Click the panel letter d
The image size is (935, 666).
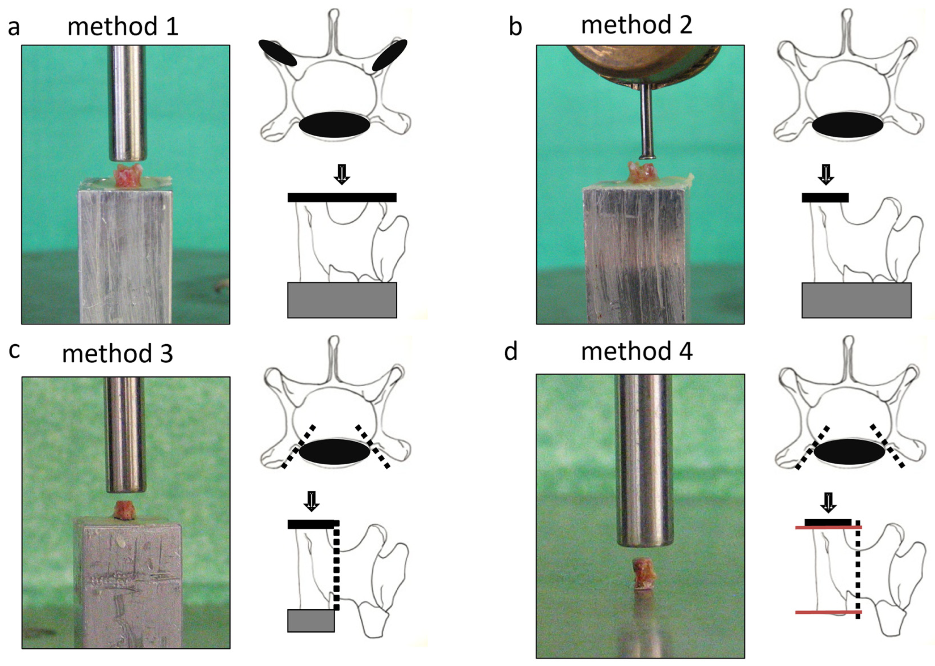(511, 352)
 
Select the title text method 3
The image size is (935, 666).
(118, 353)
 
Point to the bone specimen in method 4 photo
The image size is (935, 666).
(641, 573)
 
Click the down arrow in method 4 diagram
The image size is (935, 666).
(828, 502)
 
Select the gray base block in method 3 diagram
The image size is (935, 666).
(311, 620)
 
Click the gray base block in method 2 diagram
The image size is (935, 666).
(856, 300)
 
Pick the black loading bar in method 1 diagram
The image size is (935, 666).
(341, 197)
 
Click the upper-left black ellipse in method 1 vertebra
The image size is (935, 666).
(278, 53)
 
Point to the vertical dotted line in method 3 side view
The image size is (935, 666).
(336, 566)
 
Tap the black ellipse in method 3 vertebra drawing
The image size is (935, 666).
(334, 452)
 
